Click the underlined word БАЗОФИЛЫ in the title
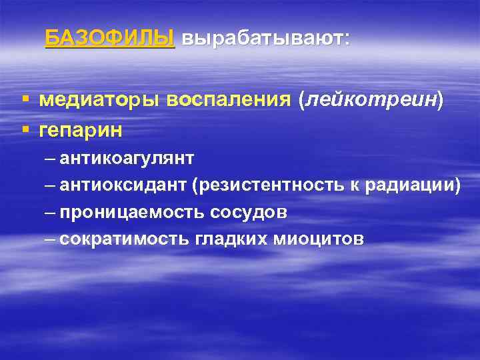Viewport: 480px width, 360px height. click(110, 38)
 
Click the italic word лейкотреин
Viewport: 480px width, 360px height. click(372, 100)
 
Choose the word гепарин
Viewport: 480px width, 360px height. click(81, 131)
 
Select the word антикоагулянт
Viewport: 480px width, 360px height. click(127, 159)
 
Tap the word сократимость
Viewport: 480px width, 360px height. click(127, 239)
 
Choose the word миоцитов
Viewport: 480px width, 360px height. click(319, 239)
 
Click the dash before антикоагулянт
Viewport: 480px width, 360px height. click(51, 159)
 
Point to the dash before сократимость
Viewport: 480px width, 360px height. click(51, 239)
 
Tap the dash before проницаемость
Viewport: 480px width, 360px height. click(51, 213)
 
